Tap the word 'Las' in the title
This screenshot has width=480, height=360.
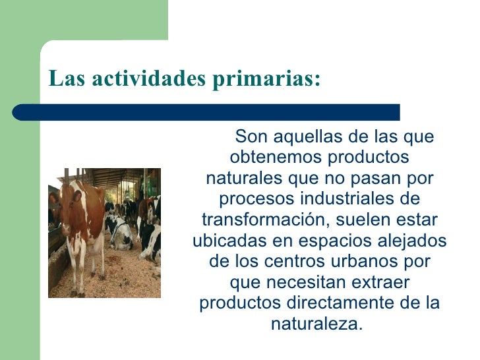(x=66, y=78)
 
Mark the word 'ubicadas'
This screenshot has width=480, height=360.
(x=224, y=240)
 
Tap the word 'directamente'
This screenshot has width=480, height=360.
(x=337, y=303)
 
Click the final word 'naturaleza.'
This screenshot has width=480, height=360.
(x=317, y=324)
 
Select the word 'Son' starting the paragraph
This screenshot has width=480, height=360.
(x=249, y=137)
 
